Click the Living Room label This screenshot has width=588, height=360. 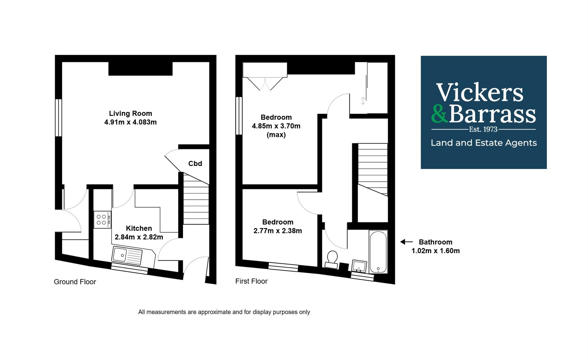130,113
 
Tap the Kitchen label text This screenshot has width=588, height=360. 139,228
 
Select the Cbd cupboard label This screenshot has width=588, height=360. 195,163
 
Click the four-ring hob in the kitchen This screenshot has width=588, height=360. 102,220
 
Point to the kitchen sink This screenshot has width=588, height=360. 127,256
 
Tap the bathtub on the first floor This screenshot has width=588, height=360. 378,252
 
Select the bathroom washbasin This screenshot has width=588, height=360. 359,266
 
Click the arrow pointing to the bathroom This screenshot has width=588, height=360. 406,242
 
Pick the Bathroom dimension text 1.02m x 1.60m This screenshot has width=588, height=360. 435,251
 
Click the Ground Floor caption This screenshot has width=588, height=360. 75,282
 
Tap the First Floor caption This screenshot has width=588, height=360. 251,281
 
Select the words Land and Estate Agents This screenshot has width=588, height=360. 484,143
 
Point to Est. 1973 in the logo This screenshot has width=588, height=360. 483,129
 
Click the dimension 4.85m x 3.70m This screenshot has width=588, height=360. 276,126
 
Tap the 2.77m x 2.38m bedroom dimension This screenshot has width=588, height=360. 278,231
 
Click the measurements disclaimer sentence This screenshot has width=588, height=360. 224,312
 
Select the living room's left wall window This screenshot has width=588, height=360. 59,118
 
